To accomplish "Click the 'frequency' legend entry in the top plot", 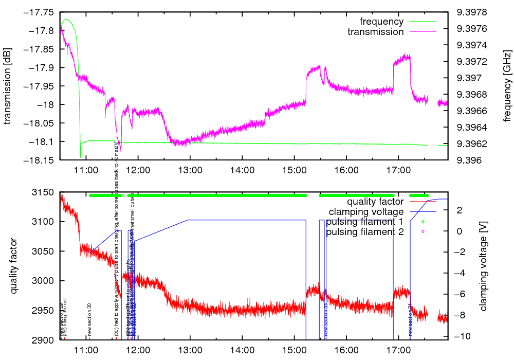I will pos(381,22).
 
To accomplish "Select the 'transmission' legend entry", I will pos(376,32).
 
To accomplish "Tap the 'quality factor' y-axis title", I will pos(13,266).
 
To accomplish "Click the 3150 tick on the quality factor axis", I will pos(44,192).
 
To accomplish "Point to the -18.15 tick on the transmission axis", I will pos(40,160).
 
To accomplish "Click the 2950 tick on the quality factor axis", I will pos(44,310).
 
